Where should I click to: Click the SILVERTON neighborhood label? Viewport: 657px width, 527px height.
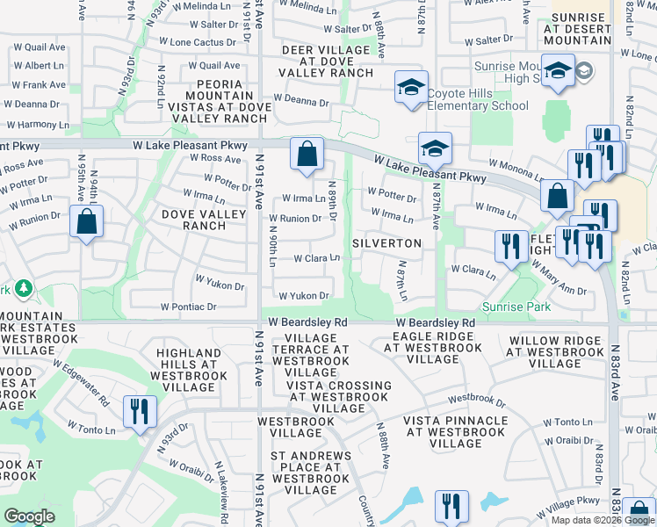(x=387, y=242)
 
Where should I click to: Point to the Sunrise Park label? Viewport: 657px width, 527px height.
(x=516, y=307)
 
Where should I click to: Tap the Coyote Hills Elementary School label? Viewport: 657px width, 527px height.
(x=478, y=106)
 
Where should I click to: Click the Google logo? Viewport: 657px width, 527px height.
(x=29, y=516)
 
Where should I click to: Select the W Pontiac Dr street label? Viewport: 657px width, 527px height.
(x=188, y=307)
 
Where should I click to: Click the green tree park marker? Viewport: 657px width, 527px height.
(x=23, y=288)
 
